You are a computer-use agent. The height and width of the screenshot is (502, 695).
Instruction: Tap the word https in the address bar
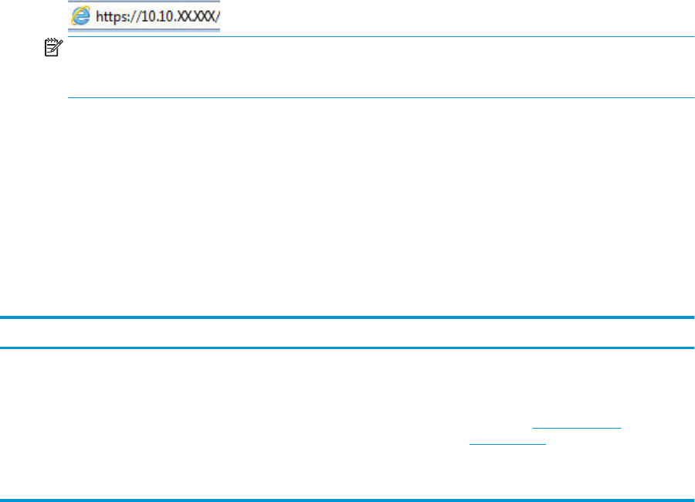pyautogui.click(x=110, y=16)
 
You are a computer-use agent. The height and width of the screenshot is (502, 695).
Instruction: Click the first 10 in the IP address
pyautogui.click(x=147, y=16)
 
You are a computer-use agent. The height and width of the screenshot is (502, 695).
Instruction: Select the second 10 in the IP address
pyautogui.click(x=164, y=16)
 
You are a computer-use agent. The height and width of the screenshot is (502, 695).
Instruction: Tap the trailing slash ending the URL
pyautogui.click(x=216, y=16)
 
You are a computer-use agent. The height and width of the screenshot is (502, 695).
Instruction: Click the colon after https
pyautogui.click(x=128, y=17)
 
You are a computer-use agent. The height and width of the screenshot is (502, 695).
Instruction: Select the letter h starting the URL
pyautogui.click(x=99, y=16)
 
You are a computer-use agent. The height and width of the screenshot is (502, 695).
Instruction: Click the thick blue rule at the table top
pyautogui.click(x=347, y=317)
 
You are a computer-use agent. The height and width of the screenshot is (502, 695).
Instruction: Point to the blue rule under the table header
pyautogui.click(x=347, y=348)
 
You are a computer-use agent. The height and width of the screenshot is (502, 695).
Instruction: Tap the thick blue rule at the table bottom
pyautogui.click(x=347, y=500)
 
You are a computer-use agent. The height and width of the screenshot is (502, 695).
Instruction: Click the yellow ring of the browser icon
pyautogui.click(x=76, y=15)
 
